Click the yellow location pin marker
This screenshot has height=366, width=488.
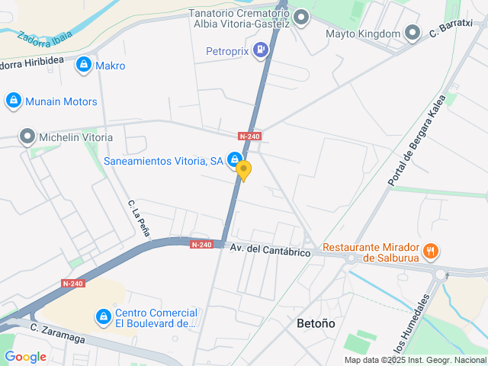[243, 170]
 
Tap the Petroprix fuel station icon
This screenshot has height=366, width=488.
[262, 51]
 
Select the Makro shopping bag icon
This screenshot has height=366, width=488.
[83, 66]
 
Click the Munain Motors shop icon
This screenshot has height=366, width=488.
[13, 101]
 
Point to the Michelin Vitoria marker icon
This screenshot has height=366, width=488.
[28, 137]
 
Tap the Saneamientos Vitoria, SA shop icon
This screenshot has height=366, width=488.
[235, 160]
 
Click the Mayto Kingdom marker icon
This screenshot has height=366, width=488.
[413, 34]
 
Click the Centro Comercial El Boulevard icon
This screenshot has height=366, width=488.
[103, 316]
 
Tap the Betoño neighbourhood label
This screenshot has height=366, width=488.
[316, 323]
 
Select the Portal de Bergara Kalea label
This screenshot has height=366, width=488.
[416, 146]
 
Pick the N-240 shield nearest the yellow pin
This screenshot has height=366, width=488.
[249, 136]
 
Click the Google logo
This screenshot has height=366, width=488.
[25, 356]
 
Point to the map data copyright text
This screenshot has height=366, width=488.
[415, 360]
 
